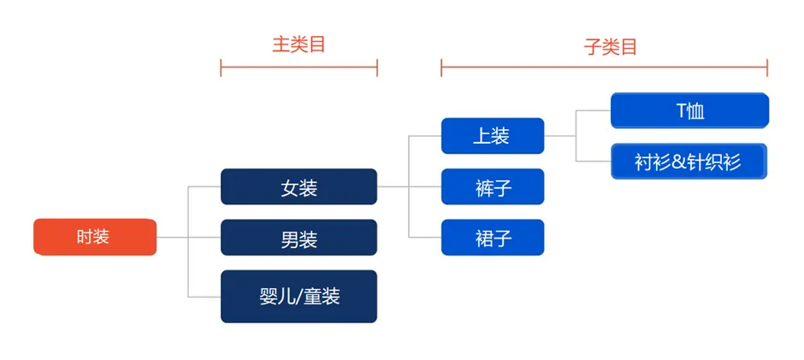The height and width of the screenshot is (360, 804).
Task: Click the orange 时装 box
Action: [95, 237]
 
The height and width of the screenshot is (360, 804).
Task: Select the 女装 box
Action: [299, 186]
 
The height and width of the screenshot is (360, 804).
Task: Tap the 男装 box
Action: [299, 237]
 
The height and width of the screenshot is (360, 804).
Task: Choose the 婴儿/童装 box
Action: [299, 296]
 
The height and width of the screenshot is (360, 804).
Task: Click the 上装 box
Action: [492, 135]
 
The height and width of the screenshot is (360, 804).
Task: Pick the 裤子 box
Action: [492, 186]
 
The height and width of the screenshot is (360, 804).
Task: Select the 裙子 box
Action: [492, 237]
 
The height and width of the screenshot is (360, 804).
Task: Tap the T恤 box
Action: [689, 110]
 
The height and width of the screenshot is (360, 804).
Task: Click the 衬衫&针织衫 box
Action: [689, 162]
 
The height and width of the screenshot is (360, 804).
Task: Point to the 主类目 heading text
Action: [299, 44]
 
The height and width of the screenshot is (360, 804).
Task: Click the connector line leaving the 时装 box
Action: [172, 237]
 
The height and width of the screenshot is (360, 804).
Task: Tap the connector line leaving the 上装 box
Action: [560, 135]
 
